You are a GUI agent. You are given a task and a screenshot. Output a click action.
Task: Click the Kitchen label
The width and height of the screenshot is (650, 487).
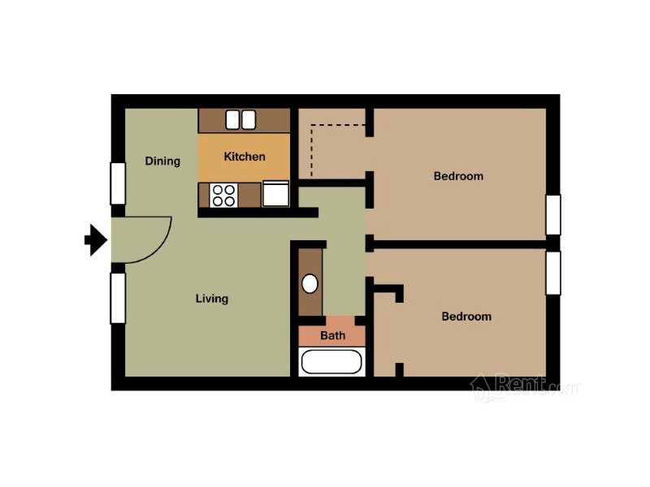pyautogui.click(x=245, y=157)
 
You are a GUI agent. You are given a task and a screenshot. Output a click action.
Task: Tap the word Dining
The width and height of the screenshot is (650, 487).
pyautogui.click(x=162, y=161)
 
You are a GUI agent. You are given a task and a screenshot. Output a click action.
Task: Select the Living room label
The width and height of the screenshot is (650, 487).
pyautogui.click(x=212, y=299)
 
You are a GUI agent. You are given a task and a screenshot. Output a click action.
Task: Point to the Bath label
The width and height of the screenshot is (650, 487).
pyautogui.click(x=332, y=335)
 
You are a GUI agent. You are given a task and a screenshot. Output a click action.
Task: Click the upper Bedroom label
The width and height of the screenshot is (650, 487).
pyautogui.click(x=458, y=176)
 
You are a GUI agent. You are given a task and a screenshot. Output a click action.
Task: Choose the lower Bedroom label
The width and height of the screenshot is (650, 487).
pyautogui.click(x=466, y=317)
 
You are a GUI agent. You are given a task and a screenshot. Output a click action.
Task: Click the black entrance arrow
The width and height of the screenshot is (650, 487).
pyautogui.click(x=96, y=239)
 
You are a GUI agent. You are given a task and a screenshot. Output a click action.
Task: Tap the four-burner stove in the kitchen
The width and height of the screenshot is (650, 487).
pyautogui.click(x=224, y=196)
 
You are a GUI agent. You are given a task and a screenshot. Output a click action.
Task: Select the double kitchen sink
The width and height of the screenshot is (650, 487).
pyautogui.click(x=240, y=119)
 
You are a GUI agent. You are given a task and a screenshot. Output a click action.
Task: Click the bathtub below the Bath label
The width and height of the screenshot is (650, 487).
pyautogui.click(x=331, y=362)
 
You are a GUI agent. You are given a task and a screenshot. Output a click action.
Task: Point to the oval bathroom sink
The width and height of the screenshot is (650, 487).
pyautogui.click(x=310, y=284)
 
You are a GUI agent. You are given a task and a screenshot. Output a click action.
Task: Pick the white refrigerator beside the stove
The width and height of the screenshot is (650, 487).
pyautogui.click(x=275, y=194)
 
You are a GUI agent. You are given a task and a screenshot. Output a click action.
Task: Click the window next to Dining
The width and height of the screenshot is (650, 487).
pyautogui.click(x=118, y=183)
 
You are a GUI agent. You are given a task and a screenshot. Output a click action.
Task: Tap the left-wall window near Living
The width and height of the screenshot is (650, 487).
pyautogui.click(x=118, y=298)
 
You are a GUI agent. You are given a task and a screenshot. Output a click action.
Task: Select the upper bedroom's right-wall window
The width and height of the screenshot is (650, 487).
pyautogui.click(x=553, y=214)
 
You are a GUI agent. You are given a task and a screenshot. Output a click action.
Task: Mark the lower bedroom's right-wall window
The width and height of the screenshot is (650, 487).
pyautogui.click(x=553, y=273)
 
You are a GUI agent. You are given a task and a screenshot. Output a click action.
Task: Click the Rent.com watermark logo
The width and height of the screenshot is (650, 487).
pyautogui.click(x=525, y=386)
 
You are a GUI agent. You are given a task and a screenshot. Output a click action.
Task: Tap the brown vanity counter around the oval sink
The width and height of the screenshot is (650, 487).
pyautogui.click(x=310, y=282)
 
